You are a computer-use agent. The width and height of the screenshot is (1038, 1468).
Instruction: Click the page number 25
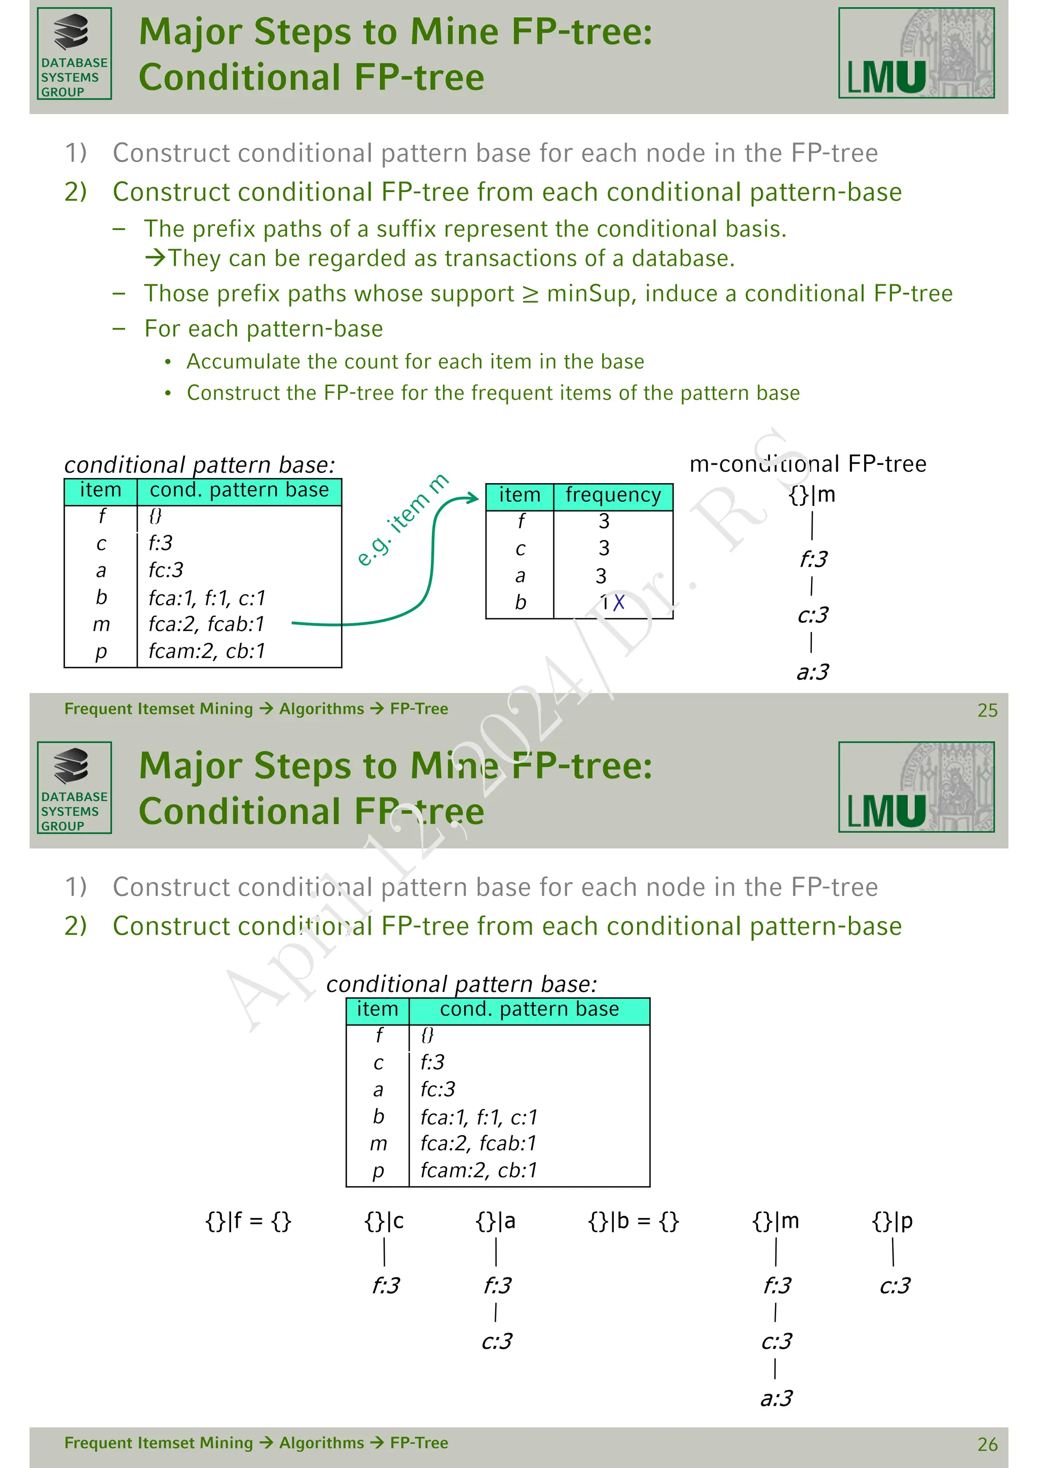pyautogui.click(x=987, y=710)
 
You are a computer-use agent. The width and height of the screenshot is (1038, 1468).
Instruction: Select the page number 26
pyautogui.click(x=987, y=1444)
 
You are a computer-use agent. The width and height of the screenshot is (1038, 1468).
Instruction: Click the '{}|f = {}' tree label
pyautogui.click(x=248, y=1221)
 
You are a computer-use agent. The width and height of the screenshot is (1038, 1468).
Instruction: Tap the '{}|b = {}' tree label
pyautogui.click(x=633, y=1221)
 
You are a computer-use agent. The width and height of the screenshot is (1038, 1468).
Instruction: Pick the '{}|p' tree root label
pyautogui.click(x=892, y=1221)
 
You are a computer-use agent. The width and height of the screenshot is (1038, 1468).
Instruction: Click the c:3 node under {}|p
pyautogui.click(x=894, y=1285)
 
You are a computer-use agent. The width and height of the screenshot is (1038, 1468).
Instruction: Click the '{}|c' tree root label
pyautogui.click(x=384, y=1221)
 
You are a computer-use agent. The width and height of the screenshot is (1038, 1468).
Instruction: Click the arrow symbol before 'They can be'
pyautogui.click(x=155, y=259)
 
